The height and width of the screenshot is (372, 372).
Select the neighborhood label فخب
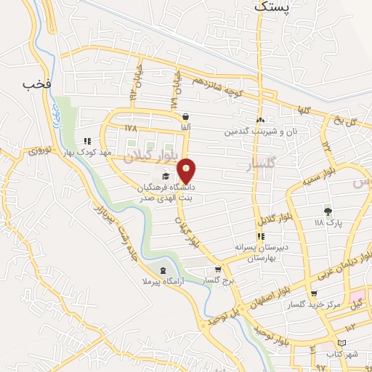36,84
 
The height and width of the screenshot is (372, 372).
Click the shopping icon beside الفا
187,116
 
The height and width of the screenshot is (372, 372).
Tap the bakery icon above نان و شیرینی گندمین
260,121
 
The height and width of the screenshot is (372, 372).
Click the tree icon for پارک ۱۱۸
328,211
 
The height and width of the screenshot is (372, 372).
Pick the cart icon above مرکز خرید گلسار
314,294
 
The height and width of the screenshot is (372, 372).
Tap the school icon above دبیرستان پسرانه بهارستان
259,237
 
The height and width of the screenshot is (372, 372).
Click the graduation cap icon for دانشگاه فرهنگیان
166,177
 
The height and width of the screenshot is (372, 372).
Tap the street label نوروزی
41,151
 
